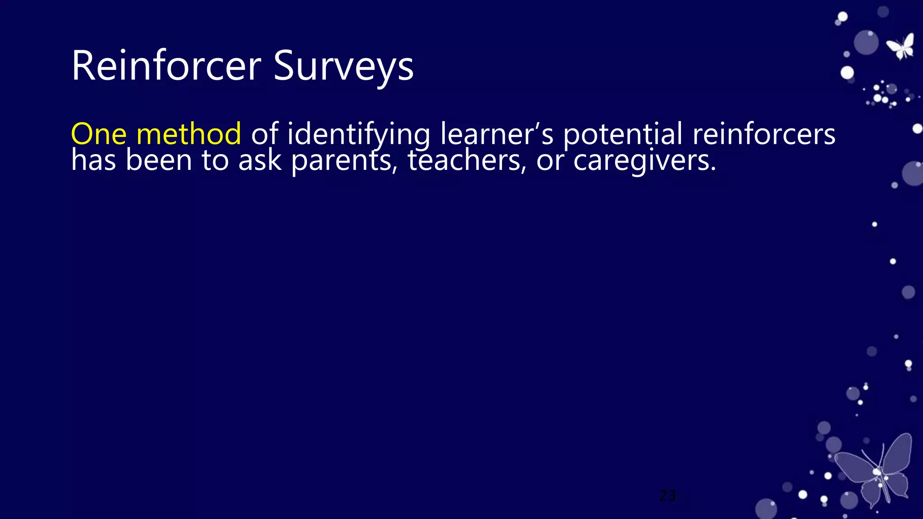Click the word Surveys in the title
pyautogui.click(x=343, y=67)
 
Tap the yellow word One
pyautogui.click(x=98, y=134)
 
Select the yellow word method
pyautogui.click(x=188, y=134)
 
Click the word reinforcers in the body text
pyautogui.click(x=763, y=134)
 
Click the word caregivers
pyautogui.click(x=644, y=161)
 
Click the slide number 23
pyautogui.click(x=667, y=496)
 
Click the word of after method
pyautogui.click(x=264, y=134)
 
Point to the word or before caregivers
pyautogui.click(x=550, y=161)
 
